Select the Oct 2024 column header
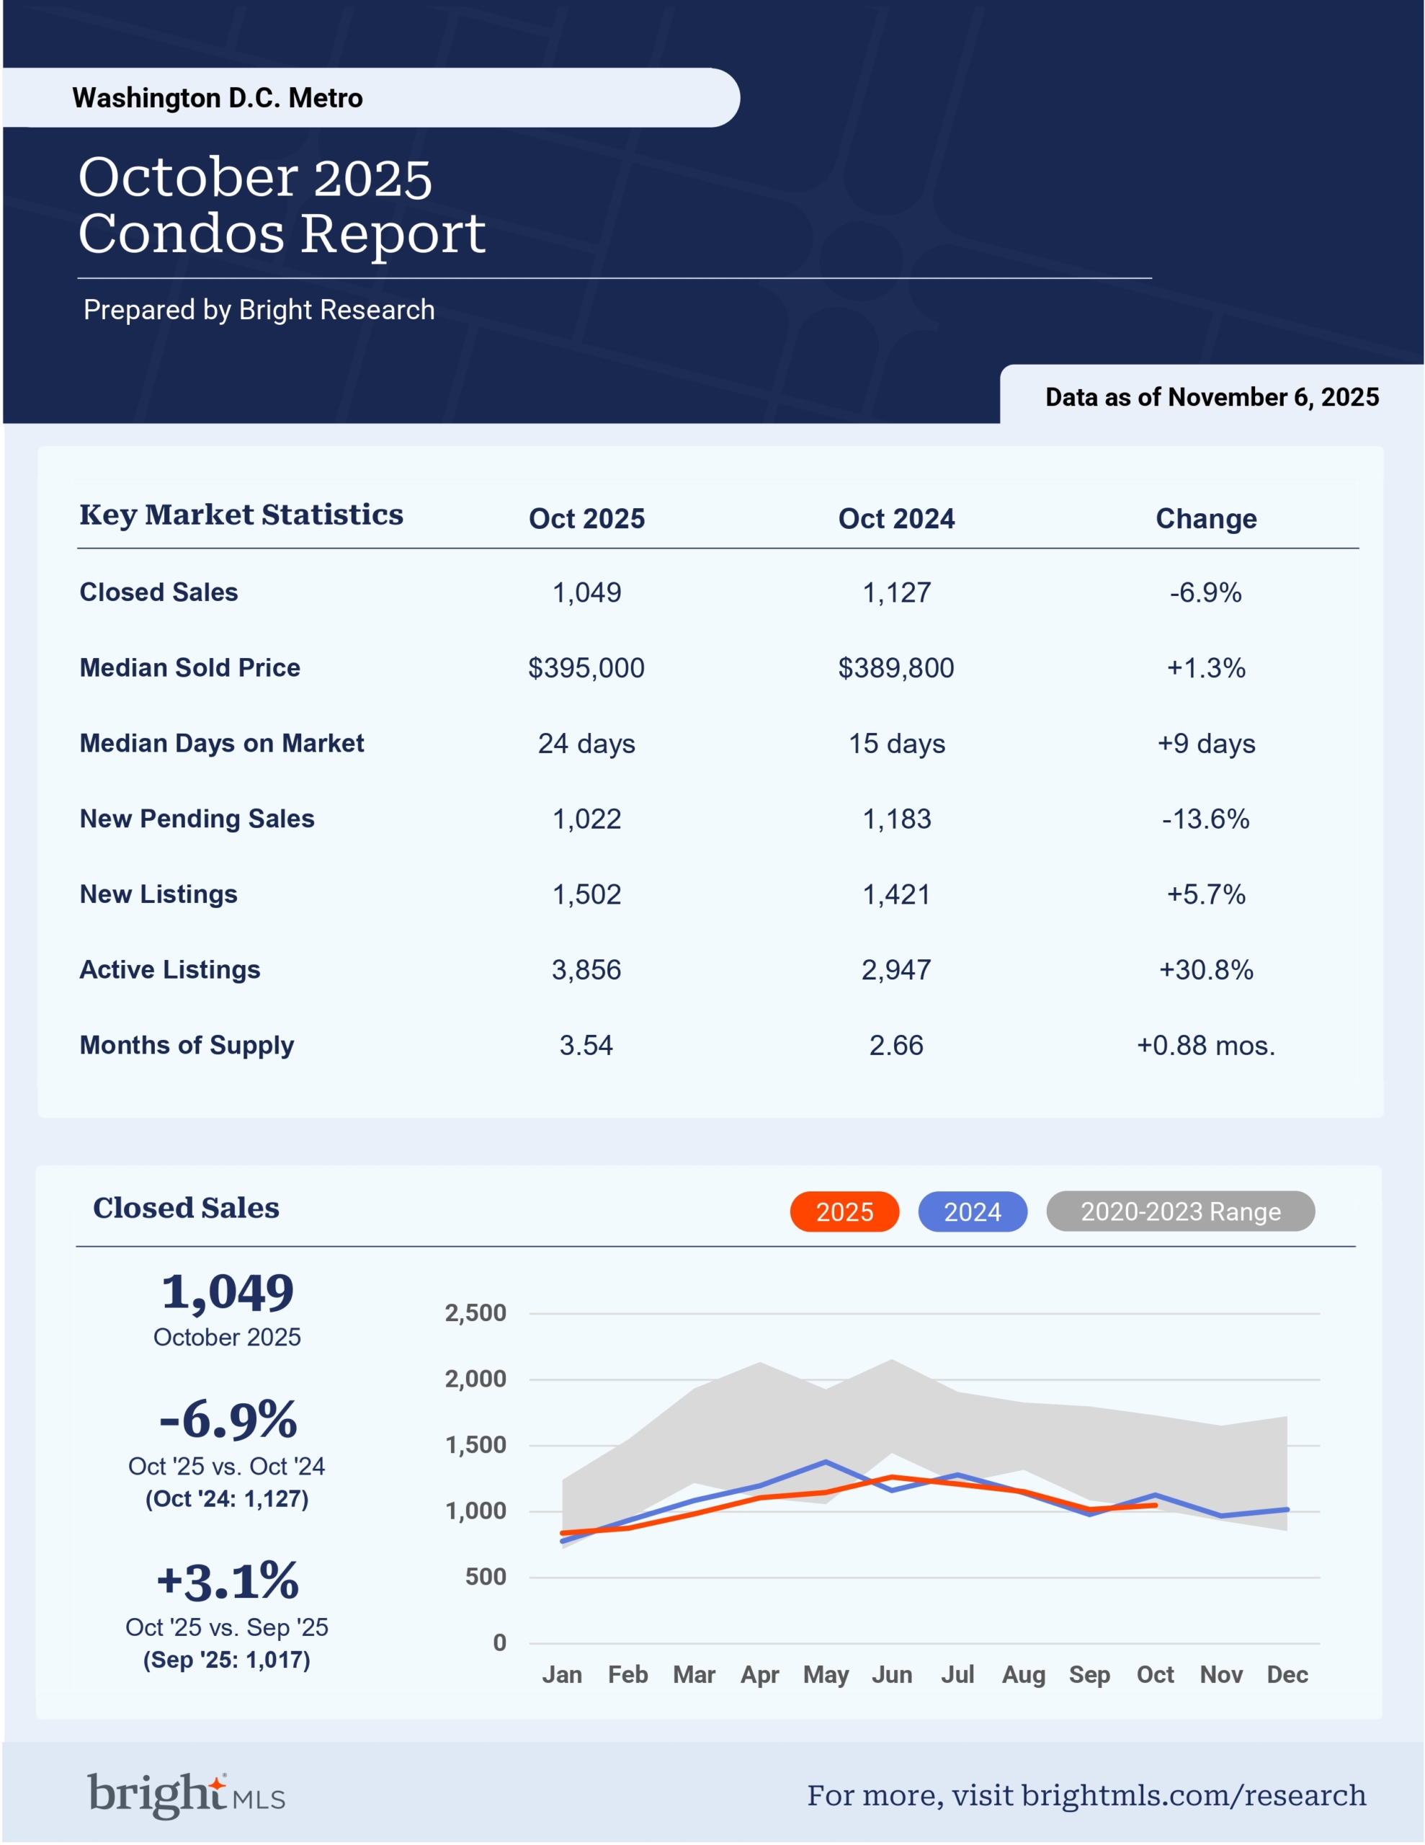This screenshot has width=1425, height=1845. [896, 519]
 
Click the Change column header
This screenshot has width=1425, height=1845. [1205, 519]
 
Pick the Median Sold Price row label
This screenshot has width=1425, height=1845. [190, 667]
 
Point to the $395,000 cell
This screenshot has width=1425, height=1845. [586, 668]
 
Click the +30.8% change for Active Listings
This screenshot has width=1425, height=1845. [1205, 970]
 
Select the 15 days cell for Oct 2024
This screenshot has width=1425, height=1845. [896, 744]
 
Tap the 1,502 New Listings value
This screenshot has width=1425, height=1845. [586, 894]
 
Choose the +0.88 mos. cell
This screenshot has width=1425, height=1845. [1205, 1046]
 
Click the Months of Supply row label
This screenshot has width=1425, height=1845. [187, 1045]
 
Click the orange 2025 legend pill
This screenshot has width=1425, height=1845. [844, 1212]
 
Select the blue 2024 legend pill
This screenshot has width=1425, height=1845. [973, 1212]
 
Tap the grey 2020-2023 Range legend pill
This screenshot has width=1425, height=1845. [1180, 1212]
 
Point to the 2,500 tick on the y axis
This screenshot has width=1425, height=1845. [475, 1313]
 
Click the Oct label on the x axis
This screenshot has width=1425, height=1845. [1155, 1674]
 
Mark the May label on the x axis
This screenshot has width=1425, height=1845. [826, 1674]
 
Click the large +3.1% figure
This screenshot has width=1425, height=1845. [227, 1581]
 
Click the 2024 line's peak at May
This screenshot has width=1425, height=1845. [826, 1462]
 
